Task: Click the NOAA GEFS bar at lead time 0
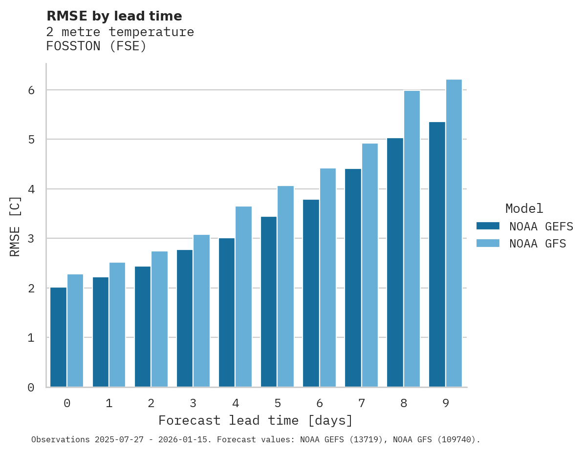click(x=59, y=337)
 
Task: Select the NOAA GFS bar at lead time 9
click(x=454, y=233)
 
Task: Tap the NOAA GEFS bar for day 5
click(x=269, y=302)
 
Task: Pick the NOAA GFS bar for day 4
click(x=243, y=297)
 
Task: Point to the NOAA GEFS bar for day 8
click(x=395, y=263)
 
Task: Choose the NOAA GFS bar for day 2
click(x=159, y=319)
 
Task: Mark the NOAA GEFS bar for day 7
click(x=353, y=278)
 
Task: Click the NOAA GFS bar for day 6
click(x=327, y=278)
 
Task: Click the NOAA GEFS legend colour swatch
click(x=488, y=226)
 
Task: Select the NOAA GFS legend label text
click(x=538, y=244)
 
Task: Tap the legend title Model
click(x=524, y=209)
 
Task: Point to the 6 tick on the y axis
click(x=31, y=90)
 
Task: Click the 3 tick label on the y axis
click(x=31, y=239)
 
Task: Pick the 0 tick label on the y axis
click(x=31, y=388)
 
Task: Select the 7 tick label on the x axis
click(x=362, y=404)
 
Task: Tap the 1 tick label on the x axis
click(x=109, y=404)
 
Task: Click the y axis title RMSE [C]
click(x=15, y=226)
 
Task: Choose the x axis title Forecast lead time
click(x=256, y=421)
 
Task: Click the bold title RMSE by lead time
click(x=114, y=16)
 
